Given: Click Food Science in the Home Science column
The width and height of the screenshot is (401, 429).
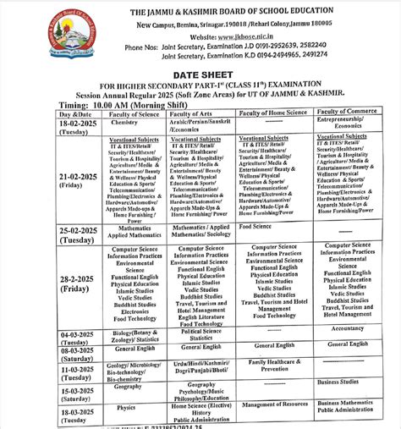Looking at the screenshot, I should [255, 227].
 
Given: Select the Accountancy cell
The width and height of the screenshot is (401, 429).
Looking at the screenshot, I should [348, 328].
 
